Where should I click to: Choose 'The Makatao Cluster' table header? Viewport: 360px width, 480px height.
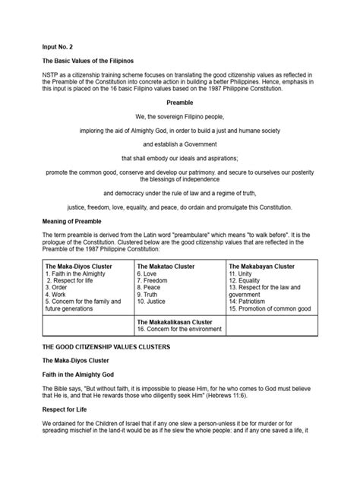(x=165, y=266)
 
